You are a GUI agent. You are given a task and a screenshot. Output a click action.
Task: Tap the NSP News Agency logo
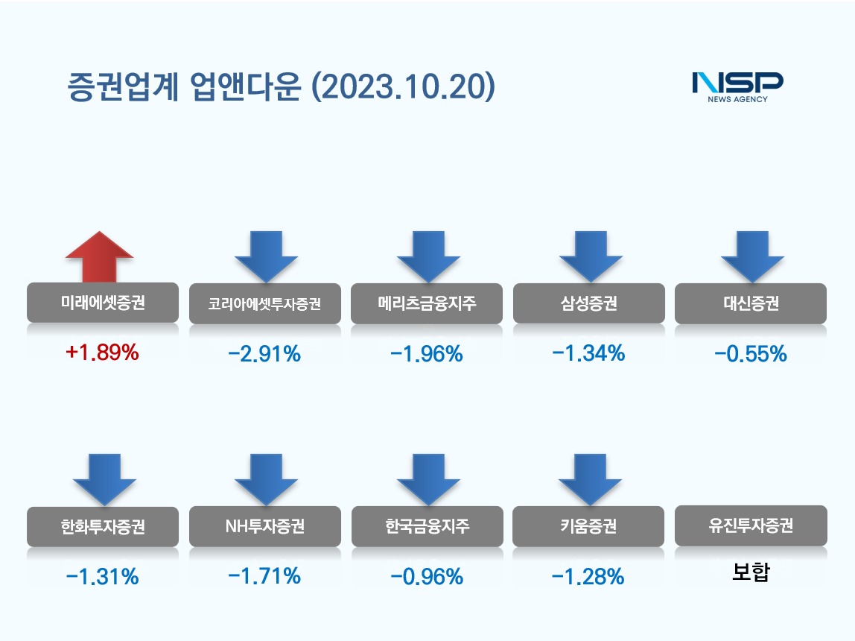pos(737,86)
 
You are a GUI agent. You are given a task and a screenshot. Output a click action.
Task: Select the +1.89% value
pos(103,353)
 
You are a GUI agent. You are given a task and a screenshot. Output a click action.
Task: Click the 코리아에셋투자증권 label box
pos(265,304)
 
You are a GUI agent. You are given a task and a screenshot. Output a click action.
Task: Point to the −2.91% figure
pos(264,354)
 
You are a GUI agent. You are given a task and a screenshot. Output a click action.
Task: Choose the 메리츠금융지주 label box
pos(426,304)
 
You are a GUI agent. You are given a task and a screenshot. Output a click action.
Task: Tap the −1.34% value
pos(588,353)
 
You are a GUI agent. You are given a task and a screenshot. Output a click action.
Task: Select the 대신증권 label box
pos(750,304)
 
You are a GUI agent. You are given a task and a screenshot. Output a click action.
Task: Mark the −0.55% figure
pos(750,354)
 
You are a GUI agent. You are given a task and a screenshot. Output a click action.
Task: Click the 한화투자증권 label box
pos(103,527)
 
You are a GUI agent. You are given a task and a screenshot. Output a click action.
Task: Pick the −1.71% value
pos(264,575)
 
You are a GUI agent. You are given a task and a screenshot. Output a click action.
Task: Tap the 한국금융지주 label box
pos(427,527)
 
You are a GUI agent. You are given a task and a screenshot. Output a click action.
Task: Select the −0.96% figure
pos(427,576)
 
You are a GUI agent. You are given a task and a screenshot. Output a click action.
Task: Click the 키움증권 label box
pos(588,527)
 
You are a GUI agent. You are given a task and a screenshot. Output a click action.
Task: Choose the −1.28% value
pos(588,576)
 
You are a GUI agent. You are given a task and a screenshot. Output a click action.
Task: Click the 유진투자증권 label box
pos(750,526)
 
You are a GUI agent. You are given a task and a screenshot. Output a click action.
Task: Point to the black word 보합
pos(750,573)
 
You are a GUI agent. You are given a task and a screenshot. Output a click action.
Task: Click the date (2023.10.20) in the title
pos(403,87)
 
